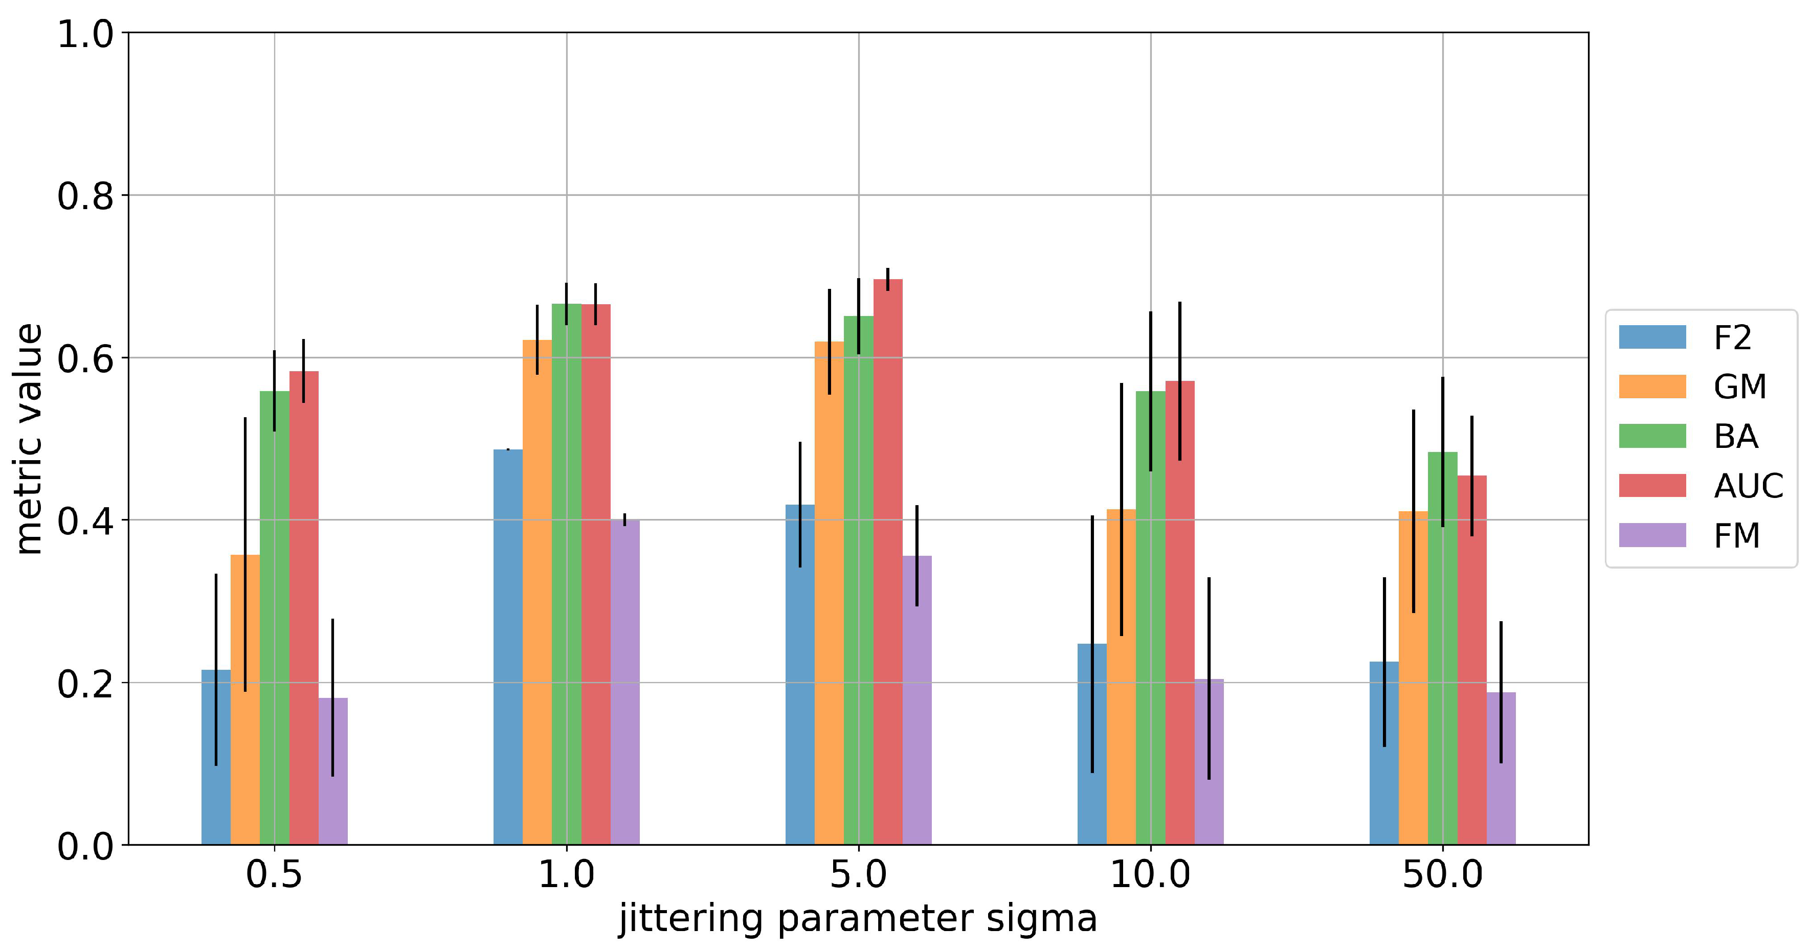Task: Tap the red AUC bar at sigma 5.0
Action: [x=887, y=562]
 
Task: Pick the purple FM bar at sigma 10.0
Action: [x=1209, y=766]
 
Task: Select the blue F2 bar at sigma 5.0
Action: [x=800, y=675]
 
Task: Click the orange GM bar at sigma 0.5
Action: [x=244, y=703]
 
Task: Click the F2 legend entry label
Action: [x=1732, y=338]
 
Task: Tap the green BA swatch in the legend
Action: [x=1652, y=436]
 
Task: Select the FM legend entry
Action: [x=1736, y=536]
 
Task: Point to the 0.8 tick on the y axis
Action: [x=85, y=195]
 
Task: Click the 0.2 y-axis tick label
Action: [x=85, y=683]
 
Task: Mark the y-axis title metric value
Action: [x=30, y=439]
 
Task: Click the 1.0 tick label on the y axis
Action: [x=85, y=34]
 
